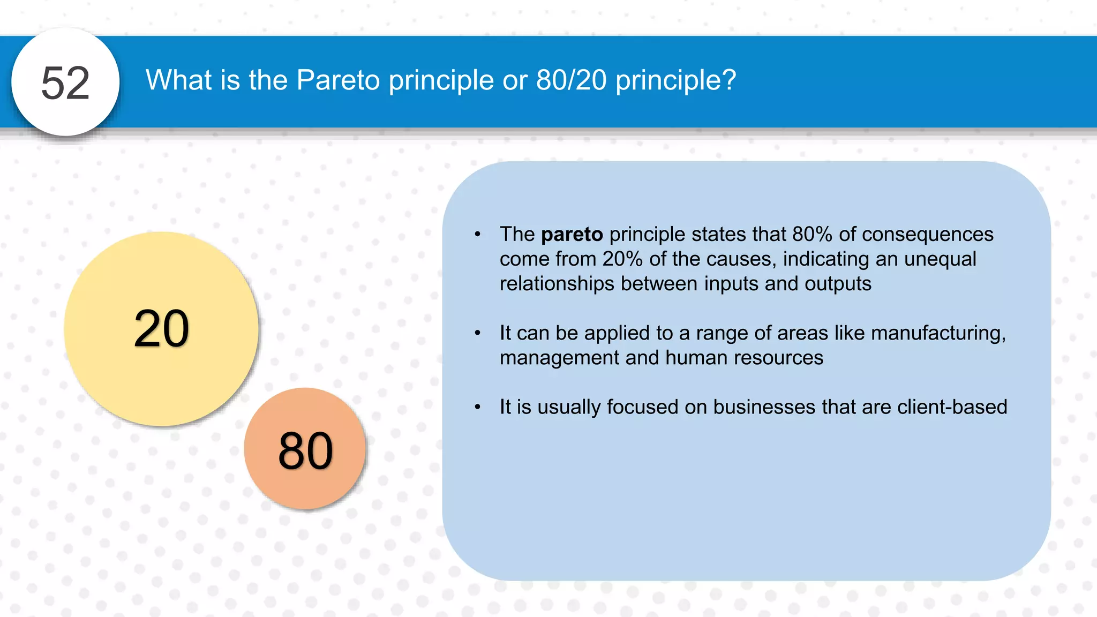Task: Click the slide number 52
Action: coord(65,83)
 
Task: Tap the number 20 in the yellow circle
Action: coord(161,329)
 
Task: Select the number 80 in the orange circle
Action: coord(305,451)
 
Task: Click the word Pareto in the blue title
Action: coord(338,80)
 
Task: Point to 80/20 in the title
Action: coord(571,80)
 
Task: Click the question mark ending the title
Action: coord(729,80)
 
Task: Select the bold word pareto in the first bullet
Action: coord(572,235)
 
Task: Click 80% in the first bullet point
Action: coord(812,235)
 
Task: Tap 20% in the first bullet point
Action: coord(622,259)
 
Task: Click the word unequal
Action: coord(940,259)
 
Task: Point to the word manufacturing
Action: coord(938,333)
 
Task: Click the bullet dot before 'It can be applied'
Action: coord(477,334)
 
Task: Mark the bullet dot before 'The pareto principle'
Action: coord(477,235)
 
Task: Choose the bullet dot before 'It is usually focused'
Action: coord(477,408)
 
